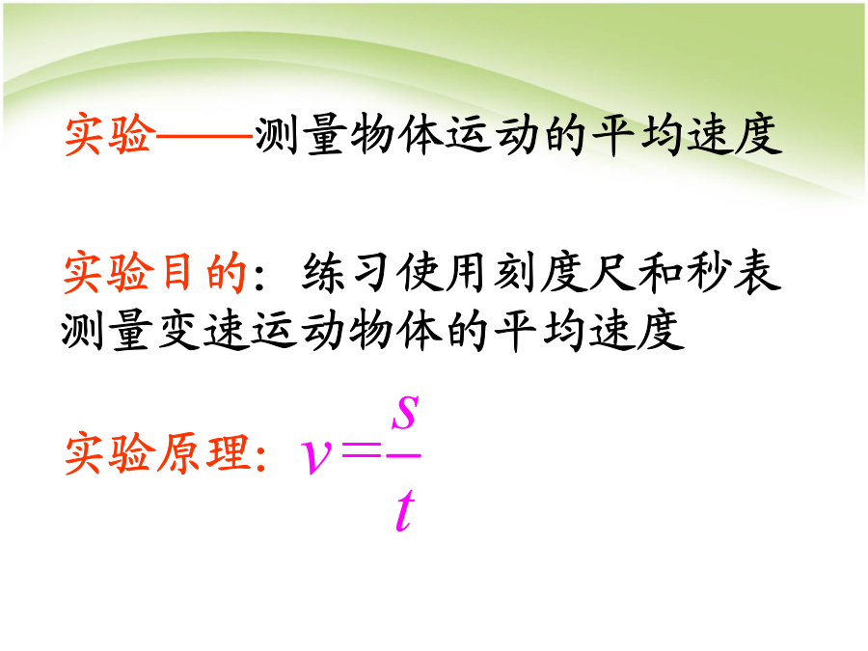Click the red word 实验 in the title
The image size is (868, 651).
(x=109, y=134)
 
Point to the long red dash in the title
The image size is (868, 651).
(x=204, y=135)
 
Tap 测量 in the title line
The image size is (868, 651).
(x=301, y=134)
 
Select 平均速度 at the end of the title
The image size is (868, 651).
(x=687, y=134)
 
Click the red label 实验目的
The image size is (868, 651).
(x=155, y=272)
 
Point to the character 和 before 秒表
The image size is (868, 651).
(x=661, y=272)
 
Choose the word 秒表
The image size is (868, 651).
(x=734, y=272)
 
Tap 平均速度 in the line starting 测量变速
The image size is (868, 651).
(x=589, y=331)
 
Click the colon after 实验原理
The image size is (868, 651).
(x=261, y=457)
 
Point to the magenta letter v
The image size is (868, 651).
(x=315, y=457)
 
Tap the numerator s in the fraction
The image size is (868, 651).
(x=405, y=413)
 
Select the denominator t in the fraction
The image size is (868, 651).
(x=405, y=510)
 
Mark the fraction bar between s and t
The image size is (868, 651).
(x=403, y=455)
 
